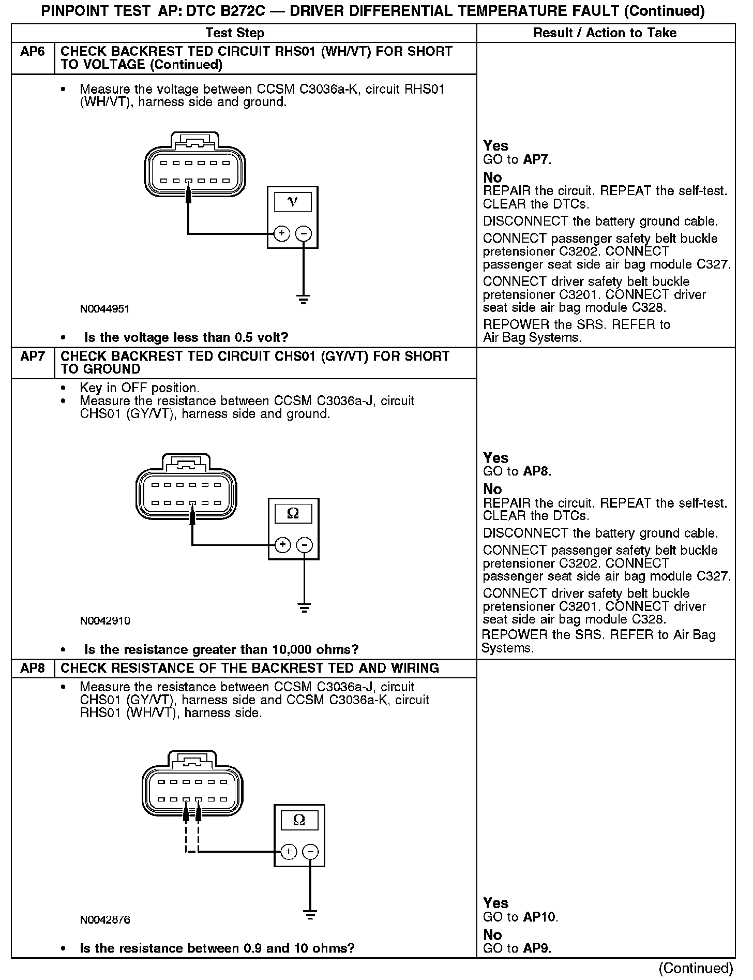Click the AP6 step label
[32, 52]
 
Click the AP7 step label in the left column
[32, 357]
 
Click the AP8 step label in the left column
[32, 668]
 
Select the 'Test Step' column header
[235, 33]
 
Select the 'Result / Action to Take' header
[605, 33]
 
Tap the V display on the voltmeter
[293, 202]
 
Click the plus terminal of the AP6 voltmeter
[282, 234]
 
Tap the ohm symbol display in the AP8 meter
[299, 820]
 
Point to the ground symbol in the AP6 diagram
[303, 299]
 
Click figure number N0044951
[104, 309]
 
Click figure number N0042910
[104, 620]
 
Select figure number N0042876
[104, 919]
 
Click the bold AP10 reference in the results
[540, 917]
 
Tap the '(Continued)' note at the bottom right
[696, 968]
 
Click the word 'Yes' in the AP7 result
[495, 458]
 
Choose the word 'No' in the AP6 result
[492, 177]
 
